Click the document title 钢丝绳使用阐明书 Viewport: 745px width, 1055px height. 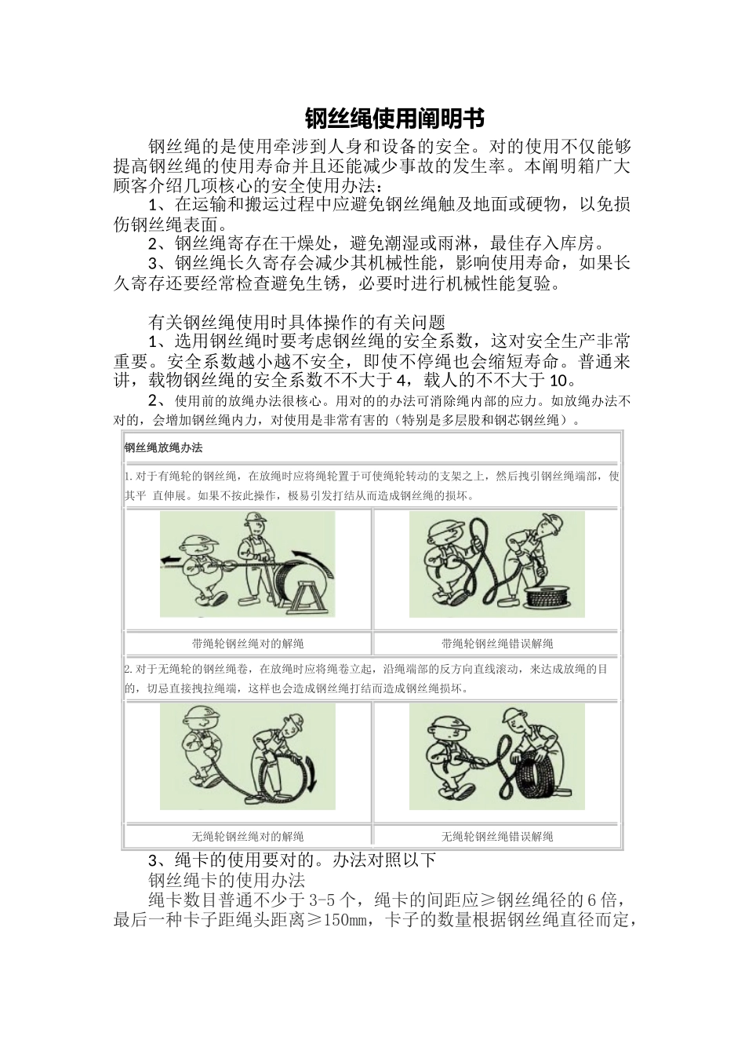point(394,119)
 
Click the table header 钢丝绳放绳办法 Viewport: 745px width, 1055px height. point(163,448)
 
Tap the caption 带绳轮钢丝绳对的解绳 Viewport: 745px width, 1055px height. point(248,644)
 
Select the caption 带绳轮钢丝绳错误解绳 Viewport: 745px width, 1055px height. point(497,644)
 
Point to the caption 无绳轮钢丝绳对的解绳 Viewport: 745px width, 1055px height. point(248,836)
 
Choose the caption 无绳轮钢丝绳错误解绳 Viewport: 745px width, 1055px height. point(497,836)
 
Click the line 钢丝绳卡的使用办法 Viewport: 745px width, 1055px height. point(226,879)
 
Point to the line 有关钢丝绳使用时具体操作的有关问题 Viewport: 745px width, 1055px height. point(296,322)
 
